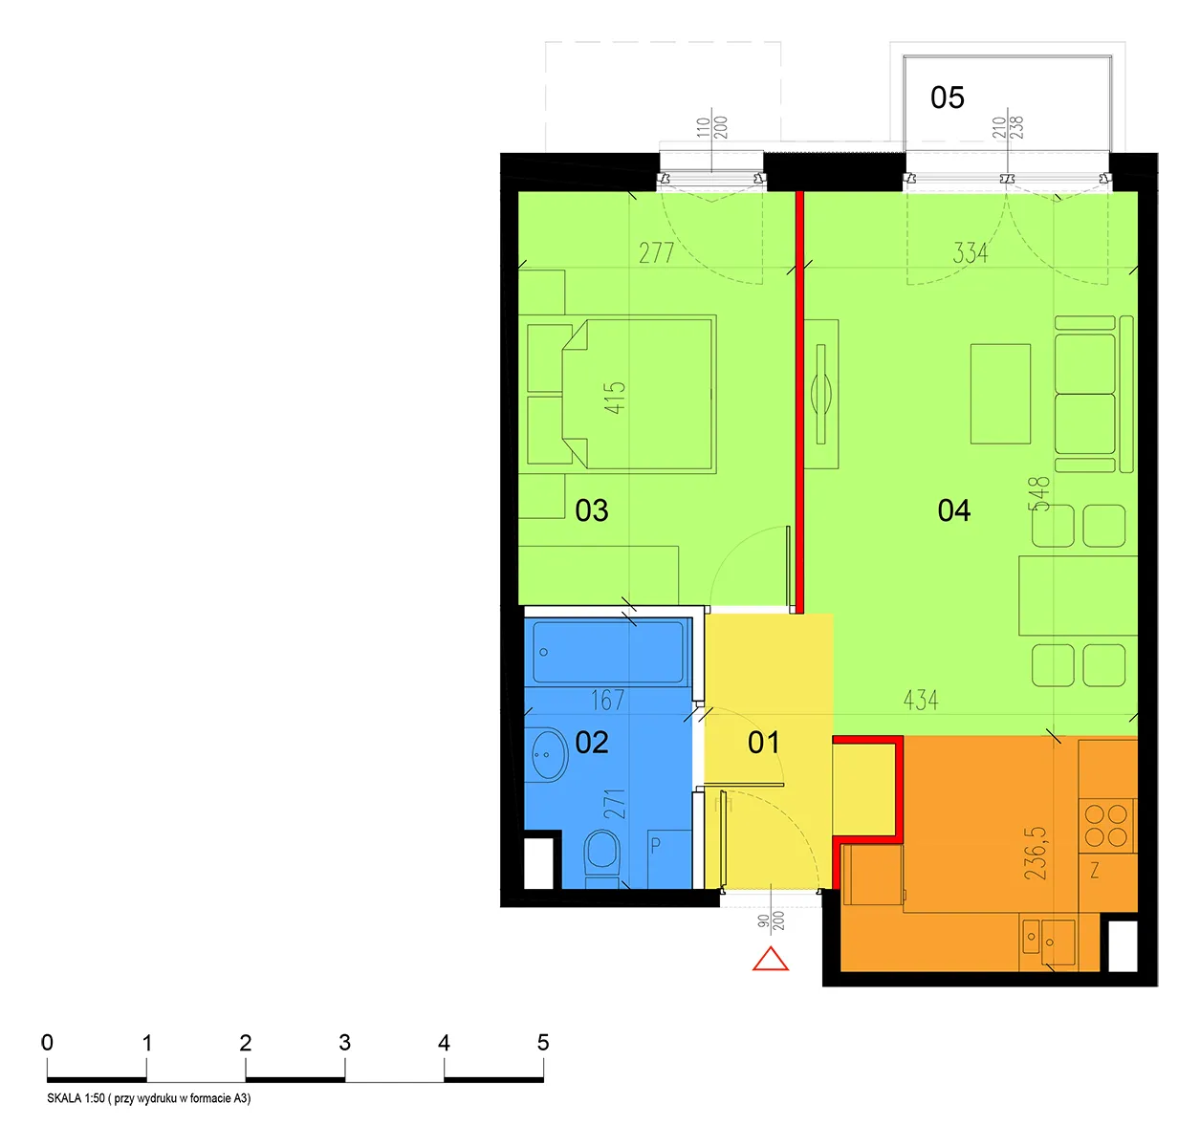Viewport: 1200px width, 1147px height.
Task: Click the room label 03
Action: click(x=591, y=510)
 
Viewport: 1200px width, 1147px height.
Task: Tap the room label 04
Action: click(x=954, y=510)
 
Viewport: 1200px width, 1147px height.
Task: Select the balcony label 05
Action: click(x=948, y=97)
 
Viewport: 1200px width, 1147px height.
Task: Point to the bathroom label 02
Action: click(x=591, y=742)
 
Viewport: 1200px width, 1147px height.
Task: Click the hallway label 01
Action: click(x=763, y=742)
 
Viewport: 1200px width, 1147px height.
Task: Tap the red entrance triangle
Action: click(x=770, y=959)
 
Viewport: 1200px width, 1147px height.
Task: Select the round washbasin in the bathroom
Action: click(x=549, y=754)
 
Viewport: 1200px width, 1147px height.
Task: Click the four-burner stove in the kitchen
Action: click(x=1105, y=826)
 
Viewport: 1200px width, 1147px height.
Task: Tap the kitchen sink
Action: click(x=1048, y=941)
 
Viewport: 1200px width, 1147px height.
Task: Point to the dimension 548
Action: click(x=1038, y=493)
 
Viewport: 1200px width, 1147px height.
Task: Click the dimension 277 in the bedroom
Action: click(x=656, y=252)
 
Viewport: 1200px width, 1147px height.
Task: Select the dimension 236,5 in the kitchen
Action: click(x=1036, y=853)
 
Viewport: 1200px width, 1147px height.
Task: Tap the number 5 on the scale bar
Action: click(x=543, y=1042)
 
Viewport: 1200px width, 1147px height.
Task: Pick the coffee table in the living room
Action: click(x=1000, y=394)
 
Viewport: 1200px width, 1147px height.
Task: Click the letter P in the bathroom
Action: click(x=656, y=845)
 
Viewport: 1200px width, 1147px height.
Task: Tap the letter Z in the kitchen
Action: click(x=1095, y=870)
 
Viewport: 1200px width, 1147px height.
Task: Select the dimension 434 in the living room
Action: click(x=921, y=700)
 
